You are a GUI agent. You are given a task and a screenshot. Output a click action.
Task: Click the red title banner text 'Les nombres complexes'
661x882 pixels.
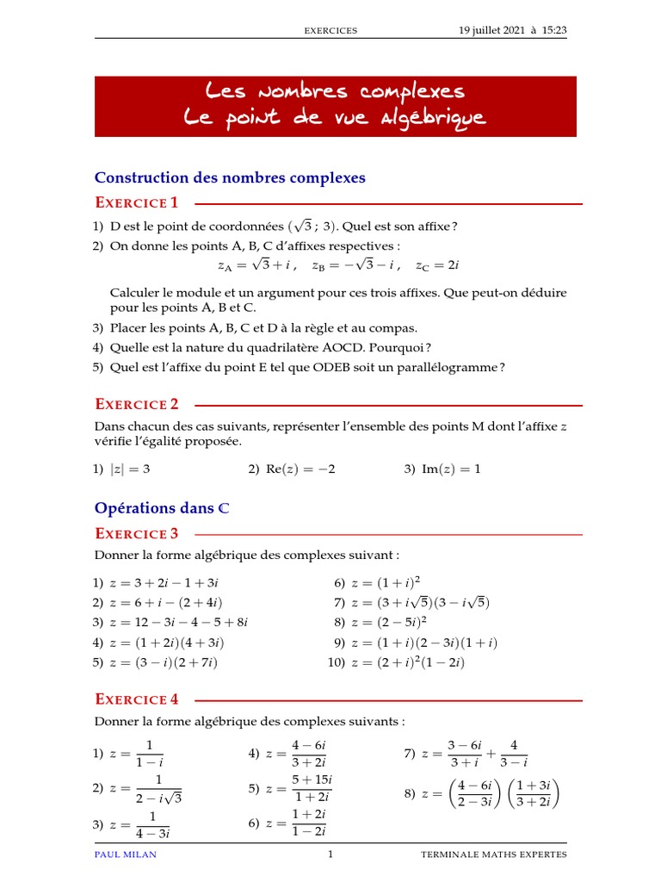pos(335,91)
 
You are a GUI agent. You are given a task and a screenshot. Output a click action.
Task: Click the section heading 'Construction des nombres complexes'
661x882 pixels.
pos(230,177)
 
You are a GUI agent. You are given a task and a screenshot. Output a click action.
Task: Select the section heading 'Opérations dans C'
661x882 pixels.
pos(162,508)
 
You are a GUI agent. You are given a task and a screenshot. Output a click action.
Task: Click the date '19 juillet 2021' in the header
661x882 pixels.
pos(492,30)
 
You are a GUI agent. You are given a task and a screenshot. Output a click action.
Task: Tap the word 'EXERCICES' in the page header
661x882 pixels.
pos(330,31)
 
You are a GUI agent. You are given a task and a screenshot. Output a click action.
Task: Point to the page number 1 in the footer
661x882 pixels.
pos(330,854)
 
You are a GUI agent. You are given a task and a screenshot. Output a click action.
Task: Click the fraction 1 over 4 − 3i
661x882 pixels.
pos(152,824)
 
